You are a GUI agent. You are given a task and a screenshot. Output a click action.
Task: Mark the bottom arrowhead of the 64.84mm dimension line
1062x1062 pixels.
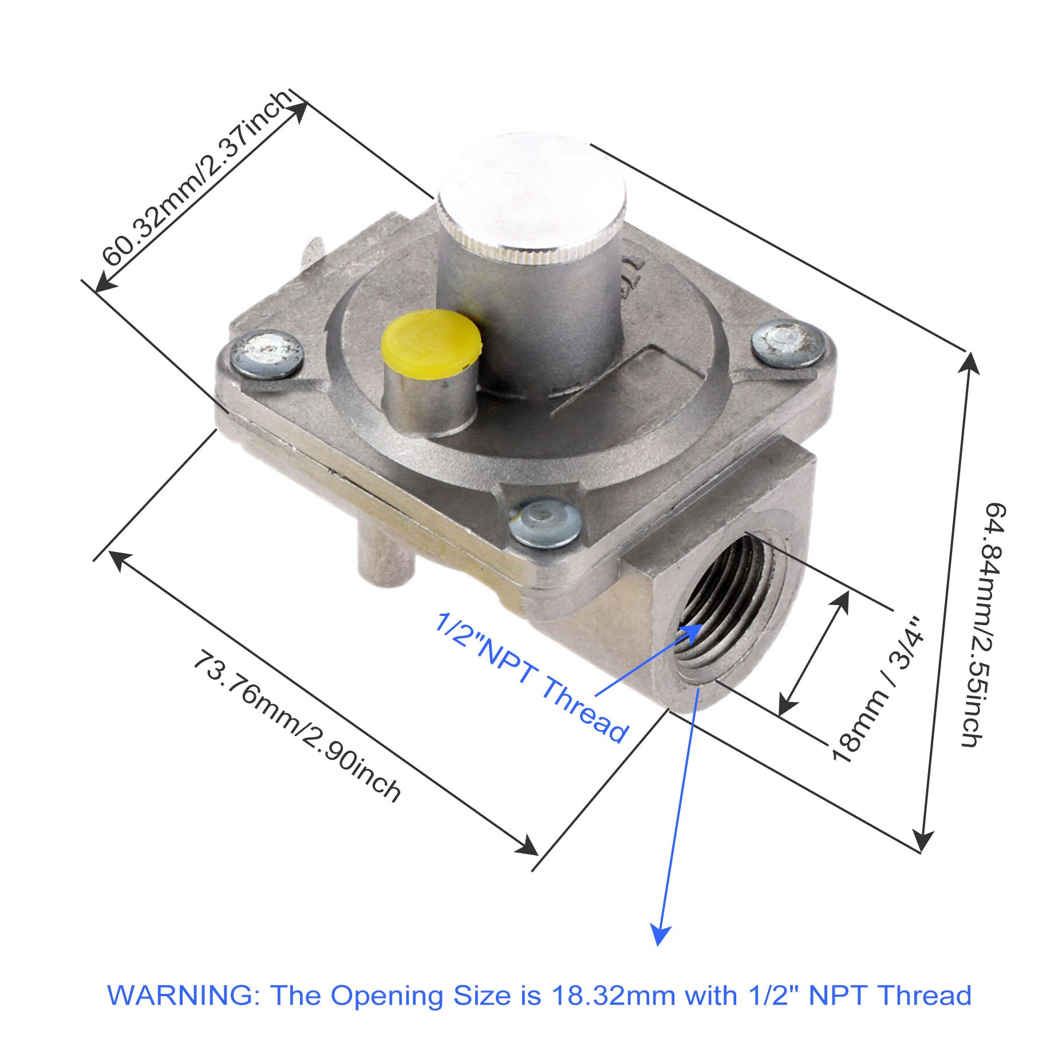[x=923, y=840]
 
